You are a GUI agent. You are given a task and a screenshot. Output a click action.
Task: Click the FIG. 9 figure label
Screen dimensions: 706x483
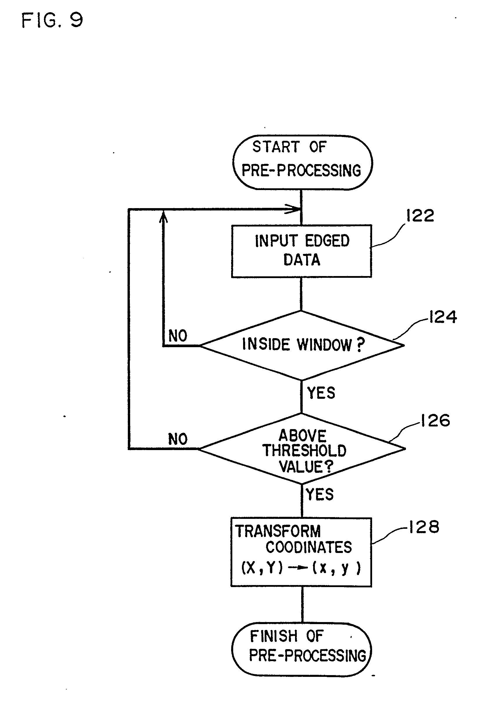coord(52,21)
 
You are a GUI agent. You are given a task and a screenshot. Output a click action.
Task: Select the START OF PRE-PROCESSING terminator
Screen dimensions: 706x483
coord(302,162)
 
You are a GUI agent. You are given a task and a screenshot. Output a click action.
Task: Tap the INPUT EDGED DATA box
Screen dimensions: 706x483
coord(301,251)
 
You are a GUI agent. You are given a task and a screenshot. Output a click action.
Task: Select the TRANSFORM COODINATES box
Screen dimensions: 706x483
coord(301,552)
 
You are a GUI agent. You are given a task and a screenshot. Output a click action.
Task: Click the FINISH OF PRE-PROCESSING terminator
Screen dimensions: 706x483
coord(301,649)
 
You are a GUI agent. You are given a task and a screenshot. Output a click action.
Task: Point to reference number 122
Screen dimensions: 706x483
coord(420,216)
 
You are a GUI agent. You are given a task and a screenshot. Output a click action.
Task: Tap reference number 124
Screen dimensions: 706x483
coord(442,317)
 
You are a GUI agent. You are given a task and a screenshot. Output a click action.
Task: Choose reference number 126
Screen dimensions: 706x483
coord(435,421)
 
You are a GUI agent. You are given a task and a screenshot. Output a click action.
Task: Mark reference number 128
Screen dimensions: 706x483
coord(424,527)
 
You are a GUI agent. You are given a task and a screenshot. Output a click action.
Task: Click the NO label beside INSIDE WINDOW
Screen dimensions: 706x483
coord(178,336)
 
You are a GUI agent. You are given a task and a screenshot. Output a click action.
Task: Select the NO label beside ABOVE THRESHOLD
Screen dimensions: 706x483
coord(178,439)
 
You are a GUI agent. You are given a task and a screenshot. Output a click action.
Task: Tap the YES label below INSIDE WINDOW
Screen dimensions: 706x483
coord(321,393)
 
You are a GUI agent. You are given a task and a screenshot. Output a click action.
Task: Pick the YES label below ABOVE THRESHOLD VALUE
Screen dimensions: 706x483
coord(320,494)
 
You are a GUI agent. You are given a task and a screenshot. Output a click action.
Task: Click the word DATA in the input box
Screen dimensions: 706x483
coord(302,260)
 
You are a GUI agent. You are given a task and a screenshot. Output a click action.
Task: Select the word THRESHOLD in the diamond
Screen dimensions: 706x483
coord(304,451)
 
